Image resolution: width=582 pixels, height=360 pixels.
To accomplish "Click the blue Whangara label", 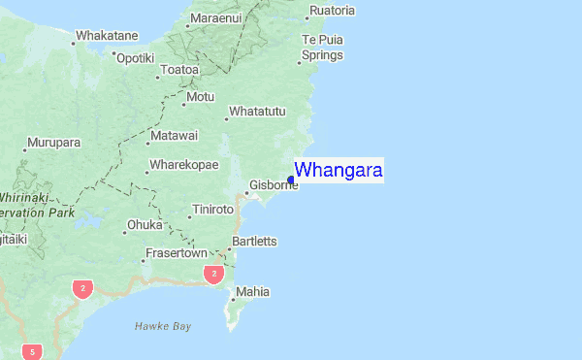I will point(339,171).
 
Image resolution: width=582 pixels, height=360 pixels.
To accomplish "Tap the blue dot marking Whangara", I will point(291,179).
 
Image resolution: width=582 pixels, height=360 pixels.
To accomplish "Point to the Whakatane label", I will point(108,35).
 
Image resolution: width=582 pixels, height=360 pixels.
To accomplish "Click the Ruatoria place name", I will point(332,12).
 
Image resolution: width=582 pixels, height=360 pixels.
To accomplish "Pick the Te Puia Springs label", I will point(322,48).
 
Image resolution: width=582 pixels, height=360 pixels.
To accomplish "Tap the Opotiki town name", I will point(135,57).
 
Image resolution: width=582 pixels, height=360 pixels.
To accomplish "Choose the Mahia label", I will point(253,291).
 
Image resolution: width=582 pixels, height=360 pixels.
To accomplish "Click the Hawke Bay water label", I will point(163,326).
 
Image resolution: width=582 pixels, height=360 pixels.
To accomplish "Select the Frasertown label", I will point(176,253).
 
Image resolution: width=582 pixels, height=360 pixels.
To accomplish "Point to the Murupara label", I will point(54,143).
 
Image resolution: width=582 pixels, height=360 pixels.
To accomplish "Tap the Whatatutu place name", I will point(257,112).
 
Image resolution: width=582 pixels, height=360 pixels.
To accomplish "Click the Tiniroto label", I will point(213,210).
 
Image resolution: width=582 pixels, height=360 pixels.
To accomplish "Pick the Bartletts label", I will point(254,241).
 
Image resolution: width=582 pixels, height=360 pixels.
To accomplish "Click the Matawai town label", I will point(175,135).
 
